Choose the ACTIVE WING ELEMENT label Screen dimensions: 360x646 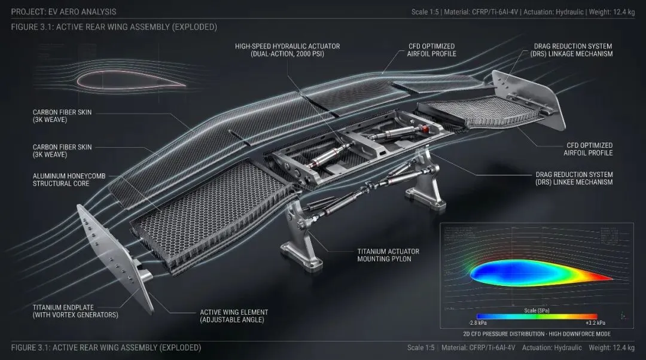tap(234, 312)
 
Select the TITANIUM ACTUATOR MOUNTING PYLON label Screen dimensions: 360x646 tap(388, 255)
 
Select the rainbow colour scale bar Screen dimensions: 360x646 tap(537, 316)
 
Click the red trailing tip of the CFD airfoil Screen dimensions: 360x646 tap(604, 278)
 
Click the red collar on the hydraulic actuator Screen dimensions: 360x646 tap(425, 129)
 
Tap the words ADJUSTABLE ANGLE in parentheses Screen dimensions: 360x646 tap(234, 320)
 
